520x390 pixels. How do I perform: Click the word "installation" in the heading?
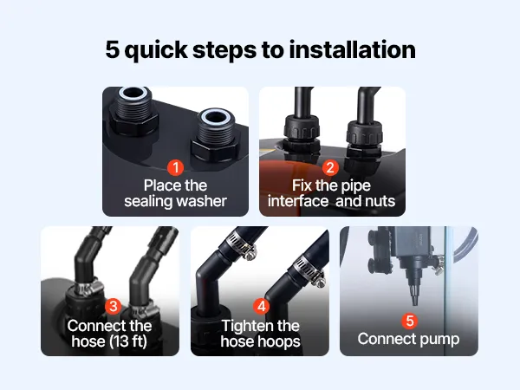tap(352, 49)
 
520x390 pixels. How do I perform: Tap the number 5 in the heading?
tap(112, 49)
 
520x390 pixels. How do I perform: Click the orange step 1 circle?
tap(175, 168)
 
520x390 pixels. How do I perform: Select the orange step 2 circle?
tap(330, 168)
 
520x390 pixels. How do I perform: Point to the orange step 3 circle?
tap(113, 306)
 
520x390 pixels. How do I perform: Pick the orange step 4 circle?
tap(262, 306)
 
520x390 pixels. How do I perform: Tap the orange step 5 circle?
tap(410, 321)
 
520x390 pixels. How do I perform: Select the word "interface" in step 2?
tap(298, 201)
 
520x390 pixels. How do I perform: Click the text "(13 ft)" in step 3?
tap(128, 341)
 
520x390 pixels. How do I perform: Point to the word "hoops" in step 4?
tap(282, 342)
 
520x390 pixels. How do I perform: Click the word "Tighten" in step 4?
tap(247, 326)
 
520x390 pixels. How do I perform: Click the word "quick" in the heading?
tap(156, 50)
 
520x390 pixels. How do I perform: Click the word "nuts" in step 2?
tap(380, 202)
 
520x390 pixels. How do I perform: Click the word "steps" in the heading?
tap(224, 50)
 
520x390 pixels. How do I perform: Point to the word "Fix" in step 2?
tap(302, 185)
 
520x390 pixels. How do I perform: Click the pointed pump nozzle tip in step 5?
tap(415, 303)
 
